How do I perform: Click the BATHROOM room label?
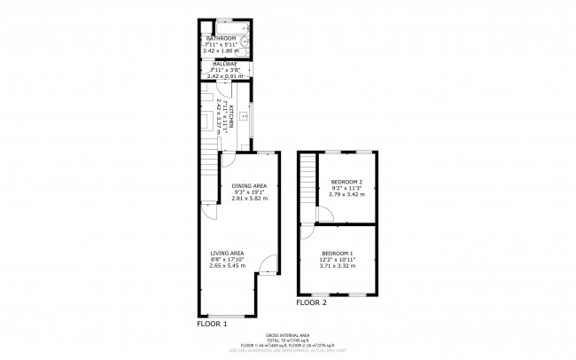pyautogui.click(x=221, y=39)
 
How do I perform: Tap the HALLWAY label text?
pyautogui.click(x=221, y=63)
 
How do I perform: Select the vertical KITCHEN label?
pyautogui.click(x=231, y=113)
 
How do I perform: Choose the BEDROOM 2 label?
pyautogui.click(x=346, y=182)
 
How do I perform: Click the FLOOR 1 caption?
pyautogui.click(x=212, y=325)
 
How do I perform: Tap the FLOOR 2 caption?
pyautogui.click(x=311, y=302)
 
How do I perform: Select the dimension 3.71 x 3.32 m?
pyautogui.click(x=339, y=265)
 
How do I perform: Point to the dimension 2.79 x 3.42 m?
pyautogui.click(x=346, y=193)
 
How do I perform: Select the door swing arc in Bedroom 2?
pyautogui.click(x=324, y=214)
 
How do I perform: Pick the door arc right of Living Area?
pyautogui.click(x=266, y=263)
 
